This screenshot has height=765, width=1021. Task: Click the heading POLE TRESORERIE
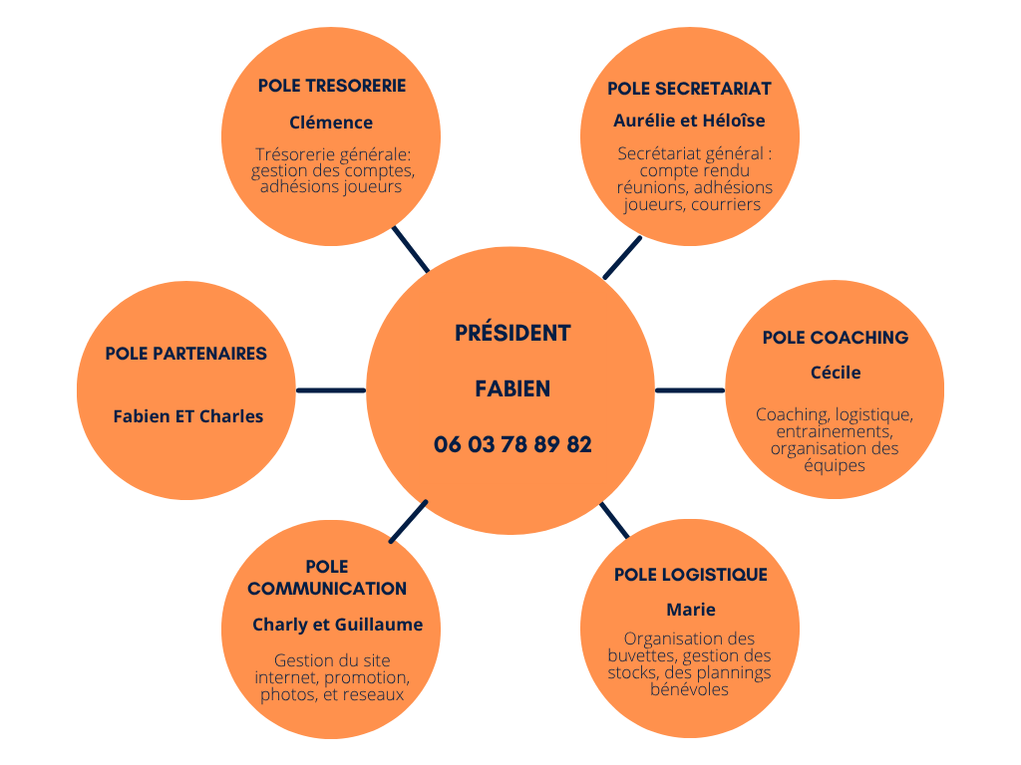pos(331,86)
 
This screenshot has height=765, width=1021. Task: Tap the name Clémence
pos(331,123)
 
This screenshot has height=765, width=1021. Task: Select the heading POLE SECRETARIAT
pos(689,89)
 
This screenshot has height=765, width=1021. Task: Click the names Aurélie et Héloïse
pos(689,121)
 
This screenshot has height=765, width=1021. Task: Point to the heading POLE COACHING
pos(835,338)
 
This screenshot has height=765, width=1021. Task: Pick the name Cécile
pos(835,373)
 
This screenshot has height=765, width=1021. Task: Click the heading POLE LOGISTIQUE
pos(690,575)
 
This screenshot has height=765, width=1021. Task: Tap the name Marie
pos(690,610)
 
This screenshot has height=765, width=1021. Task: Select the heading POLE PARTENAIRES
pos(185,354)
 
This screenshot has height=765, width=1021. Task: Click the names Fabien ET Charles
pos(187,416)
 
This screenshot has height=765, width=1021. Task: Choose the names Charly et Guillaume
pos(337,626)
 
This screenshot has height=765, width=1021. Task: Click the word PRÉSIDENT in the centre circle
pos(512,333)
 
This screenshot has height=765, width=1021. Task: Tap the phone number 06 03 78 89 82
pos(512,445)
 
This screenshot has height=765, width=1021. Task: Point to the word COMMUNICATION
pos(327,589)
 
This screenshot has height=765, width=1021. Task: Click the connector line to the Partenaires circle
pos(331,390)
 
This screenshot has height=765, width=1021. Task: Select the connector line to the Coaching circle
pos(689,390)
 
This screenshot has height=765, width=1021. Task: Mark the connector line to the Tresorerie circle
pos(411,249)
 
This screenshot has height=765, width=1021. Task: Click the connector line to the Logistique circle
pos(614,520)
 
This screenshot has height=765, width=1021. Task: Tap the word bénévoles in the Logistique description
pos(689,689)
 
